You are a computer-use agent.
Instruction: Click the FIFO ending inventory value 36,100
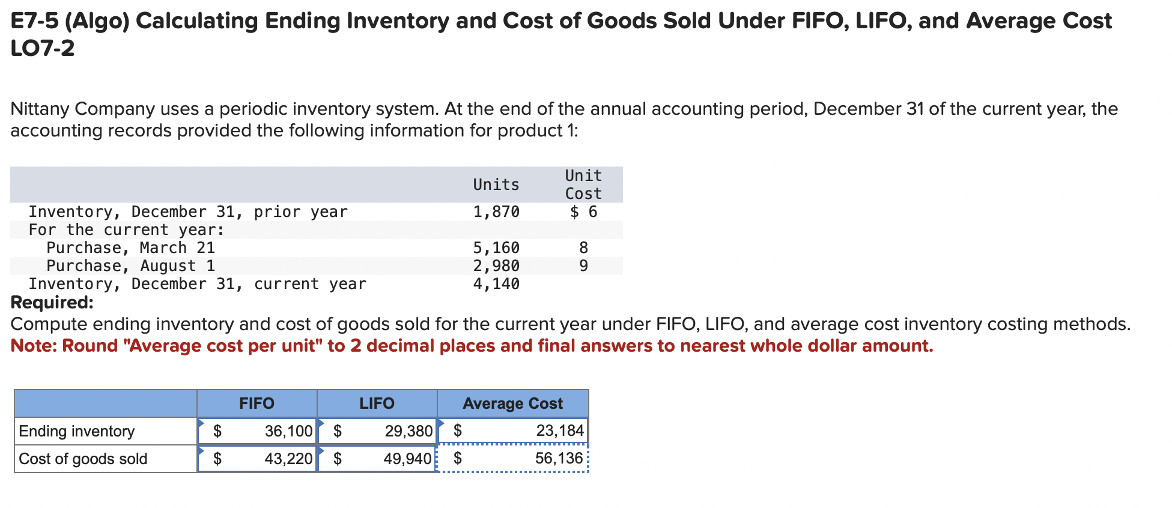tap(288, 431)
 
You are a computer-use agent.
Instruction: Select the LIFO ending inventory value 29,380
tap(408, 431)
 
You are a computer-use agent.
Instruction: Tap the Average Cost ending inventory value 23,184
tap(559, 430)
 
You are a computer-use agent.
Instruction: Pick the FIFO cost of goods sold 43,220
tap(288, 459)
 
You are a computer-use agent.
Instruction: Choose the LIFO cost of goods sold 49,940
tap(407, 459)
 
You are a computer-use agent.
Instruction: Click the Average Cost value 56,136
tap(559, 458)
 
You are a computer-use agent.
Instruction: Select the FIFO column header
tap(257, 403)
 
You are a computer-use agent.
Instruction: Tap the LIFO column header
tap(377, 403)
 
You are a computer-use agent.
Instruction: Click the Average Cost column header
tap(512, 403)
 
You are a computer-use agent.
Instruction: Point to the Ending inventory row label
tap(77, 431)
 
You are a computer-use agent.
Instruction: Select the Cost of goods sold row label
tap(83, 459)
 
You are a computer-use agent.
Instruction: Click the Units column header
tap(496, 185)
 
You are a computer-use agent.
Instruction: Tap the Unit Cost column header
tap(583, 185)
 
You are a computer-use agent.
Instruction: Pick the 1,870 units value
tap(496, 212)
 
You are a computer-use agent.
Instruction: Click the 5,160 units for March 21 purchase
tap(496, 248)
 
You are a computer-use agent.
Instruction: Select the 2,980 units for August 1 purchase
tap(496, 266)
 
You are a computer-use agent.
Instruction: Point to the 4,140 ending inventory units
tap(496, 284)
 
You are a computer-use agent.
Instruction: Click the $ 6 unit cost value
tap(583, 212)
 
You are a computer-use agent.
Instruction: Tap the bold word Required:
tap(52, 302)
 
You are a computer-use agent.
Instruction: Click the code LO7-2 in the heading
tap(43, 48)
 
